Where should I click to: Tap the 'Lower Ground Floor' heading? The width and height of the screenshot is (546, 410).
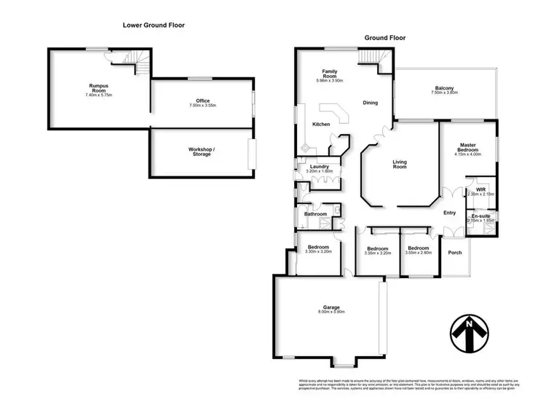(153, 25)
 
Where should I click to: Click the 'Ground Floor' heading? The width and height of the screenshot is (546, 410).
(384, 38)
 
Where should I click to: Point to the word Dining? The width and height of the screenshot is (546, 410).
(371, 103)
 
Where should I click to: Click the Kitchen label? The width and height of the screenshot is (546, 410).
(321, 125)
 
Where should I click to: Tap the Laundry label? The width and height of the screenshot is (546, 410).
(320, 167)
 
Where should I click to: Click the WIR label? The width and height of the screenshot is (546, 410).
(480, 190)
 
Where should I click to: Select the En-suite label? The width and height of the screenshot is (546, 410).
(480, 216)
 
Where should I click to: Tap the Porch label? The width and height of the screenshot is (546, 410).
(454, 253)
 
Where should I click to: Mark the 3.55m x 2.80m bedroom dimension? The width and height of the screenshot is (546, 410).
(419, 253)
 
